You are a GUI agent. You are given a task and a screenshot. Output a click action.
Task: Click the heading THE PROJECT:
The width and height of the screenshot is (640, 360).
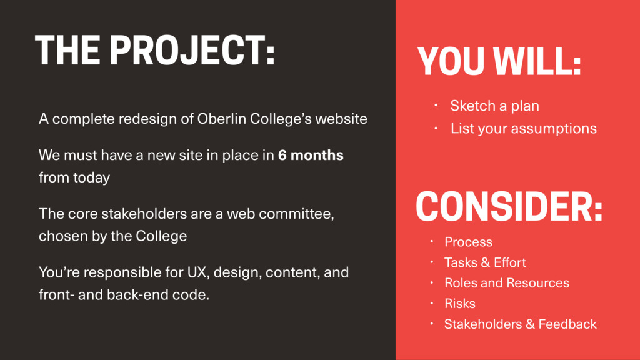coord(155,50)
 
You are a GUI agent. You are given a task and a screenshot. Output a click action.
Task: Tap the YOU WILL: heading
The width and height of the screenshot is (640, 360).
coord(499,61)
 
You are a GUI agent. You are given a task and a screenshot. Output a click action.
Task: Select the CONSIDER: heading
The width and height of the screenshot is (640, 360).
coord(509,206)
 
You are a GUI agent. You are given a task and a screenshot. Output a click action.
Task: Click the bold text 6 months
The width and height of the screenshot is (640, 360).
coord(311,155)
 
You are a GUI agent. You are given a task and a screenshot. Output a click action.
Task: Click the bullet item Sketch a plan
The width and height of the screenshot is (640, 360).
coord(495,106)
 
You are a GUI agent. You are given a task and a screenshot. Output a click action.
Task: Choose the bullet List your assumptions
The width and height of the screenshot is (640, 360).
coord(524,129)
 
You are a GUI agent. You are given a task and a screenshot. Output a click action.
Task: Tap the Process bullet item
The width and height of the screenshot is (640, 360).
coord(468,242)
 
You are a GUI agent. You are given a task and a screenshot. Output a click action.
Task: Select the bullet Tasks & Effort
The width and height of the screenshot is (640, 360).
coord(485,262)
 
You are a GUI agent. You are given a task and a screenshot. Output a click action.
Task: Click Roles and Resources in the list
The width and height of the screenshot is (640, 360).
coord(506,283)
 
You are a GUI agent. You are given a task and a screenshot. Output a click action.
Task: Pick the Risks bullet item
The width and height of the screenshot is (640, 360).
coord(459,304)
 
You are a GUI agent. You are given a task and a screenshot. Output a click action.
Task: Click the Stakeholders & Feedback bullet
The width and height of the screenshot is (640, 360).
coord(521,324)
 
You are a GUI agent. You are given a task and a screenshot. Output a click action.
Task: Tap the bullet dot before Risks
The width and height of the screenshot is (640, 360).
coord(431,303)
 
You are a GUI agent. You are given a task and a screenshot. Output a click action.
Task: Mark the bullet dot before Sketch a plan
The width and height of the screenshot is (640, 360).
coord(436,105)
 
